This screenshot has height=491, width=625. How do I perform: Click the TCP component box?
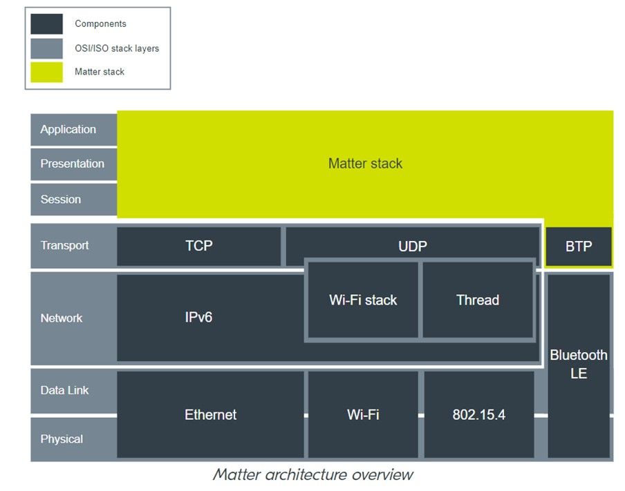click(199, 246)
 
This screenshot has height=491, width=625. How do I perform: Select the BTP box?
click(579, 247)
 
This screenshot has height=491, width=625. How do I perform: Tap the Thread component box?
click(478, 300)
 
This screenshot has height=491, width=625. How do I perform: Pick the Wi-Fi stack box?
click(363, 300)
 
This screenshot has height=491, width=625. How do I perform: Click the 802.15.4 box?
click(479, 414)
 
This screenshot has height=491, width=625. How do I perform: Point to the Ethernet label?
click(210, 414)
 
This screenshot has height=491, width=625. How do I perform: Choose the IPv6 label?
click(198, 318)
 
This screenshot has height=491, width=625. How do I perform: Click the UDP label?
click(413, 247)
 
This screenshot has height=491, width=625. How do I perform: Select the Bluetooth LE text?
click(579, 364)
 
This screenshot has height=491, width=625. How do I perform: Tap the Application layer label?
click(68, 129)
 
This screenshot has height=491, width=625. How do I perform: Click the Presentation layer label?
click(72, 164)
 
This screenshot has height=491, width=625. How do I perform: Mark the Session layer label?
click(60, 200)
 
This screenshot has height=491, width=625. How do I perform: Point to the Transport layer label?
click(64, 245)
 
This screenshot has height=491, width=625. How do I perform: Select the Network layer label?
click(61, 318)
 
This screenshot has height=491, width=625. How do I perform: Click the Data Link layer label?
click(64, 390)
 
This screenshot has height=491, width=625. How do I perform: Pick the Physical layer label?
click(62, 439)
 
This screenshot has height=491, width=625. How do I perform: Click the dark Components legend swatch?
click(46, 24)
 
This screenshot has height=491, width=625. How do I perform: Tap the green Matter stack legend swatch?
click(46, 72)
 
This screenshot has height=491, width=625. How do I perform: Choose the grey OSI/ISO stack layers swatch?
click(46, 48)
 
